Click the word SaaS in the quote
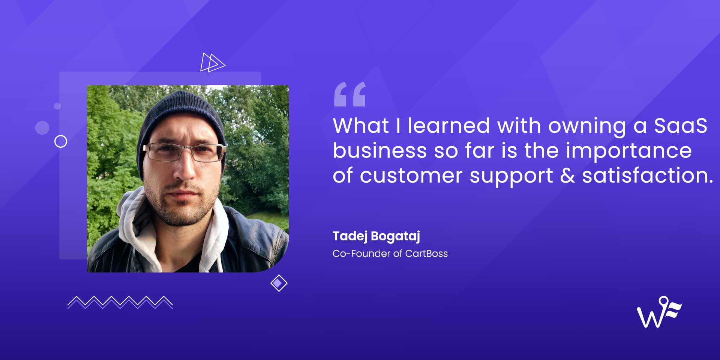point(681,126)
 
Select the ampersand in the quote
point(567,175)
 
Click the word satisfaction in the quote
point(647,175)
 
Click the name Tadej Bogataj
point(376,236)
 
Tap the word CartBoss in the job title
point(426,253)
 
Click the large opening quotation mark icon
point(349,94)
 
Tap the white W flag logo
point(659,312)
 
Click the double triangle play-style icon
point(212,62)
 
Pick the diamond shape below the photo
point(279,283)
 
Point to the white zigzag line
point(120,302)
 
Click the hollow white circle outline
point(61,135)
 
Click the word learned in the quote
point(449,126)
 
